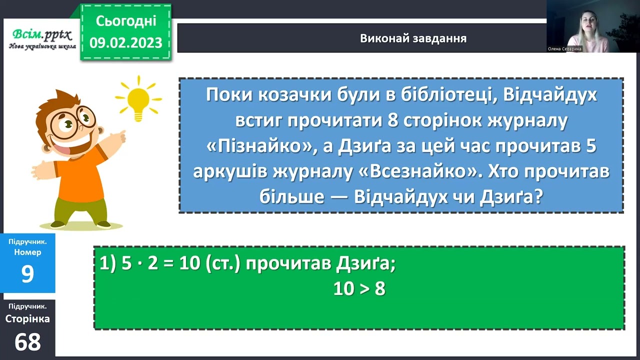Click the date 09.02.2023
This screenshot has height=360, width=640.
click(x=126, y=42)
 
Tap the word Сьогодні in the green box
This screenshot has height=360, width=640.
click(x=126, y=21)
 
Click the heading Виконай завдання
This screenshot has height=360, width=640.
click(x=413, y=38)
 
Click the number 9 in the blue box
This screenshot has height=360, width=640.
click(x=27, y=274)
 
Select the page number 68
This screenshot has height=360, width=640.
click(x=27, y=342)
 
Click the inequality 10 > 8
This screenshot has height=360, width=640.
click(x=359, y=289)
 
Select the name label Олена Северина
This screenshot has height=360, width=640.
click(x=565, y=49)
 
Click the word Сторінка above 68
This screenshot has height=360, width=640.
click(x=27, y=318)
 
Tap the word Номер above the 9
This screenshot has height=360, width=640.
click(x=27, y=252)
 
